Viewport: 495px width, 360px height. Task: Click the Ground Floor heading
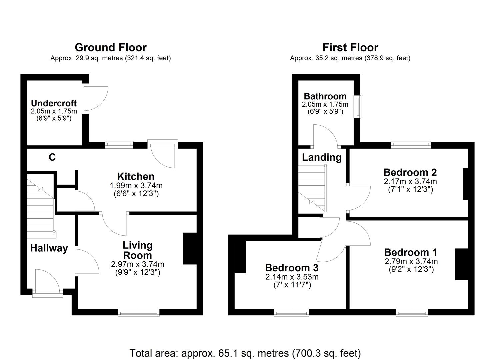click(x=110, y=48)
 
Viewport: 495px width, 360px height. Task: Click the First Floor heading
click(x=350, y=48)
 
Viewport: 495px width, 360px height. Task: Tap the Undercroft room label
click(x=54, y=103)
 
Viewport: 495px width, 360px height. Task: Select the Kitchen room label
click(x=136, y=176)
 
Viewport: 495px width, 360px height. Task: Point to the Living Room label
click(x=137, y=250)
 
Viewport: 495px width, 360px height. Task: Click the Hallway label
click(x=49, y=248)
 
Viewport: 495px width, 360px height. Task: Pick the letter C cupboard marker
click(x=52, y=157)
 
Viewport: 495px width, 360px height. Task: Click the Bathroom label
click(x=325, y=96)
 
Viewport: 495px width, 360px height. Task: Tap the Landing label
click(x=322, y=157)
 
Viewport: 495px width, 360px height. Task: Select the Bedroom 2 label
click(x=410, y=172)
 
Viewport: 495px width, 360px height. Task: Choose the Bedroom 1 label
click(x=411, y=252)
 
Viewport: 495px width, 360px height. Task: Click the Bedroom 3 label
click(x=292, y=268)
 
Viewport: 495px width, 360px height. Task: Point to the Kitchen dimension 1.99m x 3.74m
click(x=136, y=186)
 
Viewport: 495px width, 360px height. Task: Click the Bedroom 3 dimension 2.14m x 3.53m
click(x=292, y=277)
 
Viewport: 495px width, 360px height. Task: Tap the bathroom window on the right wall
click(x=357, y=107)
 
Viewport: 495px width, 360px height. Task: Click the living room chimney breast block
click(x=190, y=248)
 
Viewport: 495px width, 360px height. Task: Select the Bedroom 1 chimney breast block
click(x=462, y=264)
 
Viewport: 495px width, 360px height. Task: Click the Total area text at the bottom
click(x=245, y=353)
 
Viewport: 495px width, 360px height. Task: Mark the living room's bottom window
click(x=138, y=312)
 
